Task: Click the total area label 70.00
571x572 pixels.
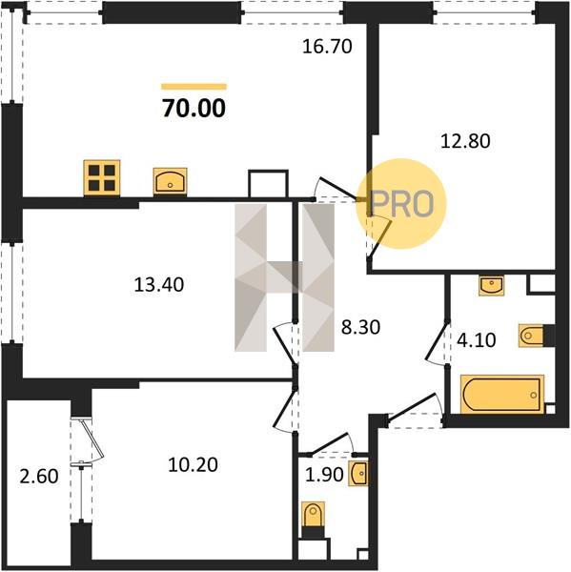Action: [194, 109]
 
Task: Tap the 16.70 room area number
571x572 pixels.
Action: [327, 47]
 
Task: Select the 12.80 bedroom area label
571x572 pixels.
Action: [465, 141]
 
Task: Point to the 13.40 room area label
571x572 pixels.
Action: [158, 284]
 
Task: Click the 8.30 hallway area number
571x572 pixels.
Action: [360, 327]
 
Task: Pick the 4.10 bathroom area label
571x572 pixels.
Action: [476, 340]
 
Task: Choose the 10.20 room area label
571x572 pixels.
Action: [193, 464]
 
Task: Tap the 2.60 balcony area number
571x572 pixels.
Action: [39, 476]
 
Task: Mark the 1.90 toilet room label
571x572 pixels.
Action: [324, 475]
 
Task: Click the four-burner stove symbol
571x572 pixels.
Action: [102, 177]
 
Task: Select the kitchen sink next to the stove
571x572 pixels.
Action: [170, 181]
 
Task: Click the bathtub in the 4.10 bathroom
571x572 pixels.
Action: [502, 395]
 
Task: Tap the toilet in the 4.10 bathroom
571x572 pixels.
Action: [532, 335]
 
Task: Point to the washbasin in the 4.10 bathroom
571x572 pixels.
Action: [492, 286]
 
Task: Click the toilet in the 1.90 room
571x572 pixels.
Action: [313, 515]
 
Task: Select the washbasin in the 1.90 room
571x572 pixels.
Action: [357, 473]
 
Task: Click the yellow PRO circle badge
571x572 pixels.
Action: [401, 204]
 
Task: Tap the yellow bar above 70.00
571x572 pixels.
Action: [194, 87]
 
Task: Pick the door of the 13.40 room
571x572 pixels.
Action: [285, 343]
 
